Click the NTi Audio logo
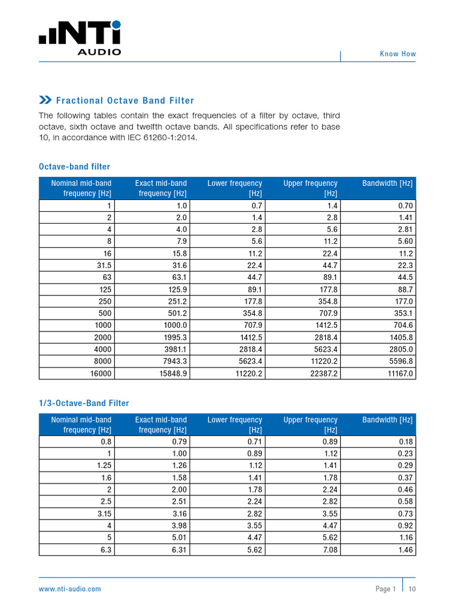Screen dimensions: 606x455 [x=80, y=38]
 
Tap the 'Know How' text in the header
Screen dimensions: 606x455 [x=398, y=54]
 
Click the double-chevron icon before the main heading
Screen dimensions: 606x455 [x=45, y=100]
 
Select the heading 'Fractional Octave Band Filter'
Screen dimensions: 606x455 [x=124, y=101]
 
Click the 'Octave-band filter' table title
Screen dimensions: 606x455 [x=74, y=167]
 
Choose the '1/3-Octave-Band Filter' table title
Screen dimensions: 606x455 [x=84, y=403]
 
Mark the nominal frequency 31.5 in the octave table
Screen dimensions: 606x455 [x=104, y=266]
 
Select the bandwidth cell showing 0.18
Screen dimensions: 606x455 [x=405, y=441]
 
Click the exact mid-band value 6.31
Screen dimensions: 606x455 [x=180, y=550]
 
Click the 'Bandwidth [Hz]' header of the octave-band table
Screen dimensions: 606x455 [x=387, y=183]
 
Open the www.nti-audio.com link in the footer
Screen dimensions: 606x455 [x=70, y=589]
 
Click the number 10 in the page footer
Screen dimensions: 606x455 [x=412, y=589]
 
